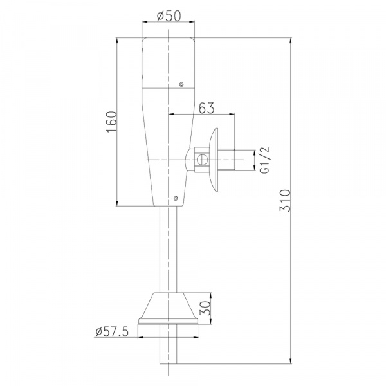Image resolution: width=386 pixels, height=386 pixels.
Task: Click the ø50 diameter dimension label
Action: (x=169, y=16)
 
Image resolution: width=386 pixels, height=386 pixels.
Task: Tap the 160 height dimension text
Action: (x=112, y=122)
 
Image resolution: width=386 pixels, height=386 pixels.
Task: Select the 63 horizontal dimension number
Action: (x=207, y=108)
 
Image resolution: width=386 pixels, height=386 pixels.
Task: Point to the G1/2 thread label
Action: (x=264, y=160)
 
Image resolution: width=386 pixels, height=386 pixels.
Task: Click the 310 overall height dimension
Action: (x=285, y=200)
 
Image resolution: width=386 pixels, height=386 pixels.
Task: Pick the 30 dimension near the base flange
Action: (x=205, y=308)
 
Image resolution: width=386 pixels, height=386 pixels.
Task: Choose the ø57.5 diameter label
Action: (x=112, y=331)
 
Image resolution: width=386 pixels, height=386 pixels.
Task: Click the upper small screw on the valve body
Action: (x=181, y=85)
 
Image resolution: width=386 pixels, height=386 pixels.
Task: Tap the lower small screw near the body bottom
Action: (x=176, y=198)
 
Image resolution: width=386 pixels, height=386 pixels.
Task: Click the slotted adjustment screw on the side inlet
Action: (x=201, y=160)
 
